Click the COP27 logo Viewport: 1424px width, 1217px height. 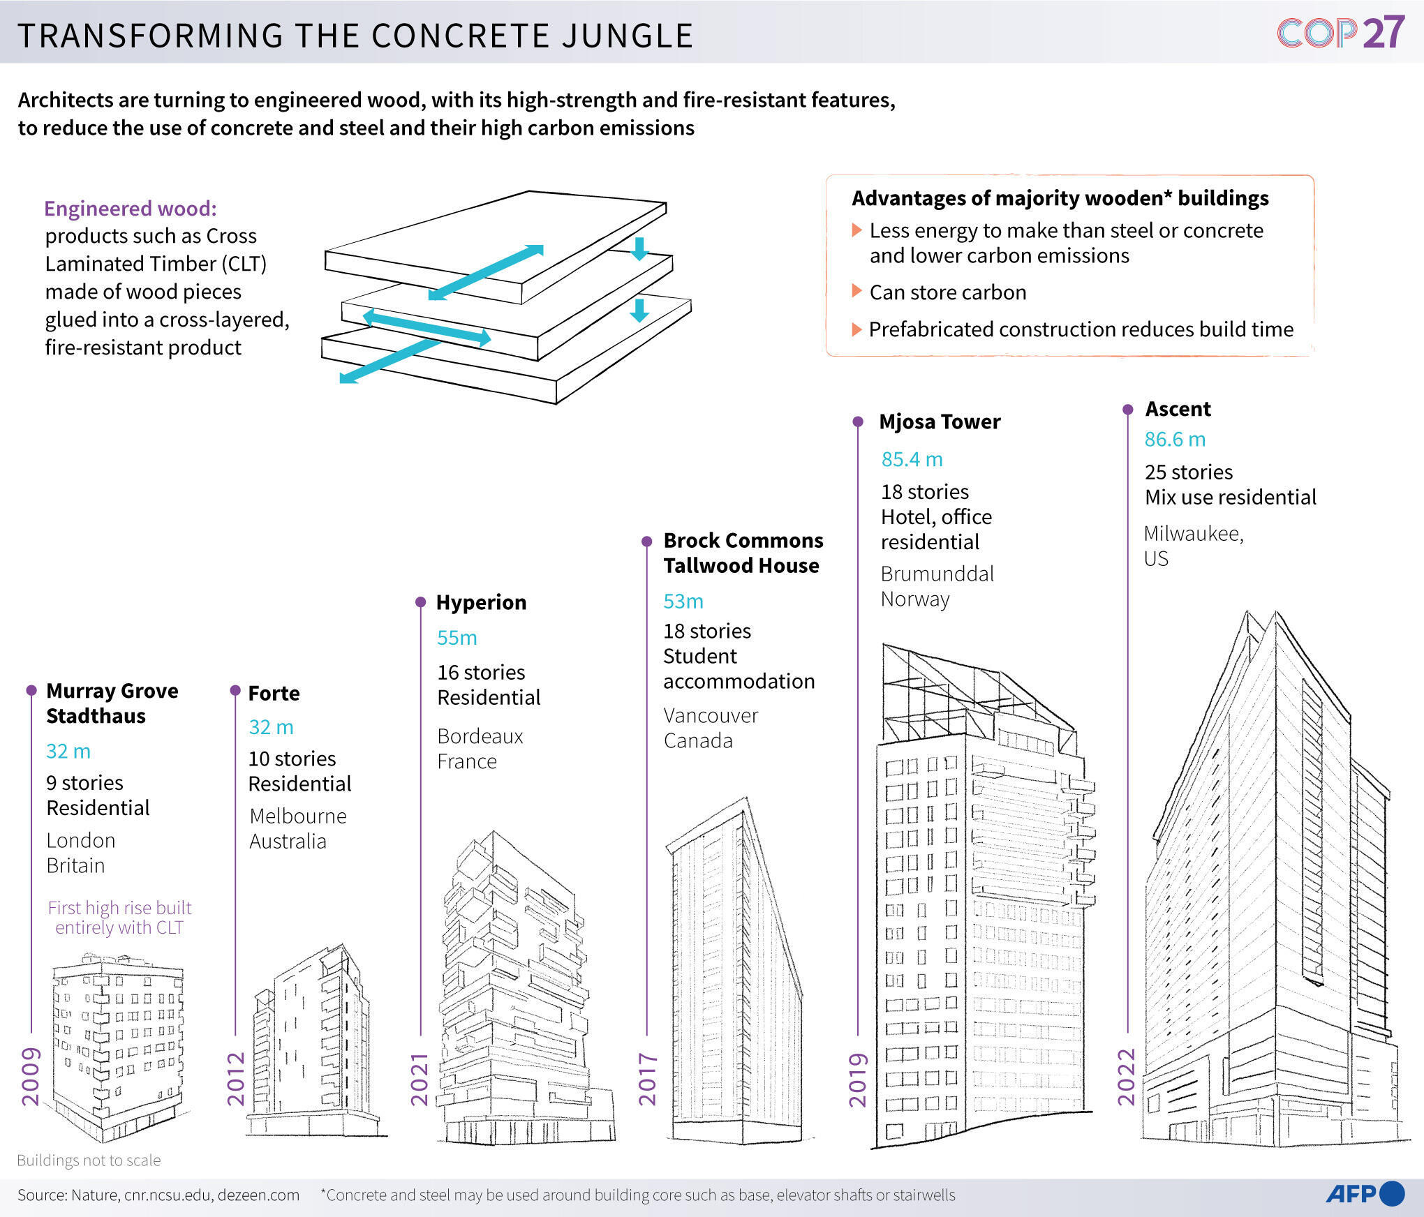pyautogui.click(x=1340, y=33)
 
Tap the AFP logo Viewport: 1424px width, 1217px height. pyautogui.click(x=1365, y=1194)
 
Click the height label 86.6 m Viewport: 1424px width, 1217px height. pyautogui.click(x=1175, y=440)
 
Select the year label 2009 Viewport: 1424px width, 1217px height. pyautogui.click(x=31, y=1076)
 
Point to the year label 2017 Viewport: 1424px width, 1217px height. pyautogui.click(x=648, y=1080)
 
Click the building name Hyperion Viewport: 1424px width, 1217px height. pyautogui.click(x=481, y=602)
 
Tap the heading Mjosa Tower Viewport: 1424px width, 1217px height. pyautogui.click(x=939, y=421)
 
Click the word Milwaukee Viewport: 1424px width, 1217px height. pyautogui.click(x=1193, y=534)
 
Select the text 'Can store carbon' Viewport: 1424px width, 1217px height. pyautogui.click(x=947, y=292)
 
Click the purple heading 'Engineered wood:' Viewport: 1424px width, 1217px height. pyautogui.click(x=131, y=209)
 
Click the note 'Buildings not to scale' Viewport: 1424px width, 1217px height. pyautogui.click(x=89, y=1160)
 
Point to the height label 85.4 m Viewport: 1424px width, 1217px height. pyautogui.click(x=912, y=459)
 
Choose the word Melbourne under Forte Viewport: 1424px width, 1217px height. pyautogui.click(x=298, y=816)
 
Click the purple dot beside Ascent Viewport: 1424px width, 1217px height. pyautogui.click(x=1127, y=410)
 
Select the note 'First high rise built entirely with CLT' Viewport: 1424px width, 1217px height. pyautogui.click(x=119, y=917)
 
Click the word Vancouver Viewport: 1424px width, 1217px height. pyautogui.click(x=710, y=715)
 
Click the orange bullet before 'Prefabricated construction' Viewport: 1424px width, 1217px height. pyautogui.click(x=856, y=329)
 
